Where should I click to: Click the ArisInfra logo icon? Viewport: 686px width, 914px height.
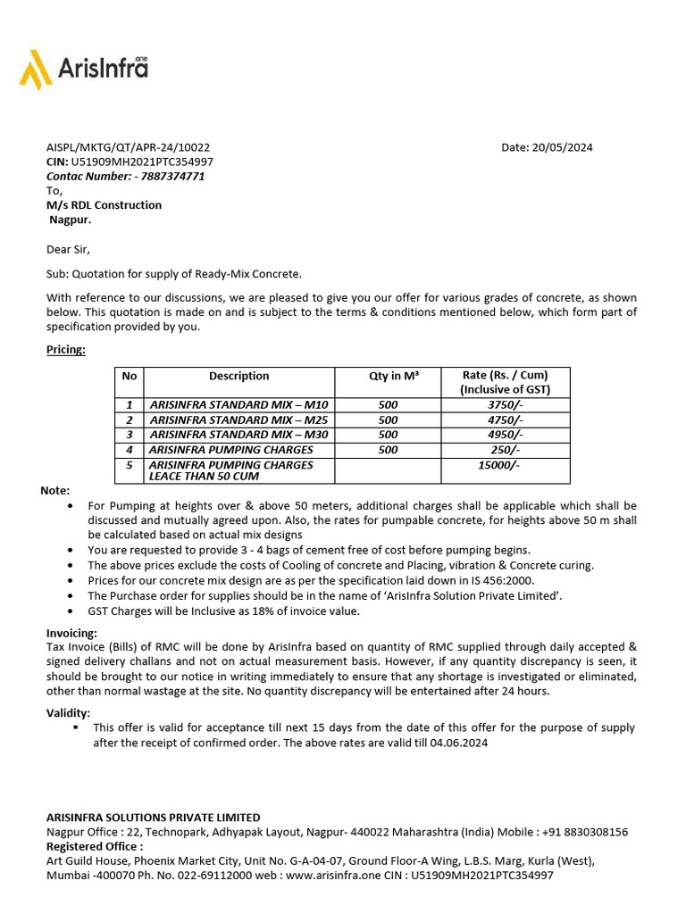pos(36,69)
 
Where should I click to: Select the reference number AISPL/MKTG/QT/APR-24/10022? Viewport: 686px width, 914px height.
pos(129,147)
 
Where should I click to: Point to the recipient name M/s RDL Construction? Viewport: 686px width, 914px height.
pos(105,204)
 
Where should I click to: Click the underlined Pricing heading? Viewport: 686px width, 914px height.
pos(66,349)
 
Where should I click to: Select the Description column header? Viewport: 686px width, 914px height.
pos(238,376)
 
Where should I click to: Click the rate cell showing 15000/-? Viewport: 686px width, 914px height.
pos(499,465)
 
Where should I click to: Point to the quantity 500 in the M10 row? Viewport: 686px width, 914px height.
pos(388,405)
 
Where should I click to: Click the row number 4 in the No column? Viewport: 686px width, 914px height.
pos(129,450)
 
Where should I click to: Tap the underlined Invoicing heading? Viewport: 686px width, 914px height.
pos(71,633)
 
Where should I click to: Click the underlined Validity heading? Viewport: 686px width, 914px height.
pos(68,712)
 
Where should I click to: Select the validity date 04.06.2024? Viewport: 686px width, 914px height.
pos(459,743)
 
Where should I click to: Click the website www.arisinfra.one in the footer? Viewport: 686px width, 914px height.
pos(330,876)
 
